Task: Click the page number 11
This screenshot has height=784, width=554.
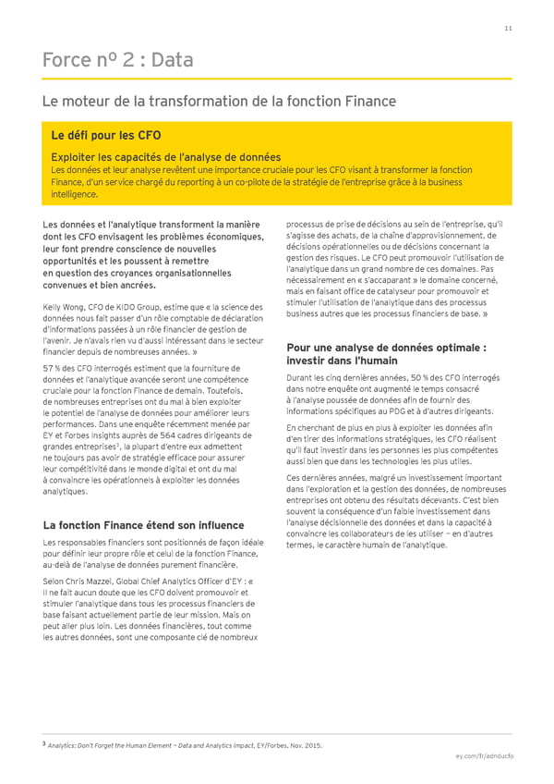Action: [x=508, y=28]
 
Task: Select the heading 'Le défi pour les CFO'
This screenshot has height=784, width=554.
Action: [x=106, y=135]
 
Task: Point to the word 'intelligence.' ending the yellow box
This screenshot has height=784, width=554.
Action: [x=75, y=195]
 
